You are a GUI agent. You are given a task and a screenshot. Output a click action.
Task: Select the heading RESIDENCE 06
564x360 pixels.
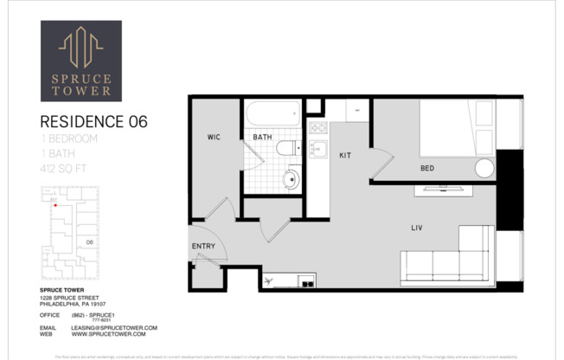(x=94, y=122)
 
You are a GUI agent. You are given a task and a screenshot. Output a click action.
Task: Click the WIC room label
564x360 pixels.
(x=214, y=138)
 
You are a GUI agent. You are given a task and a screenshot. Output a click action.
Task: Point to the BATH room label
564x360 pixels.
(x=262, y=138)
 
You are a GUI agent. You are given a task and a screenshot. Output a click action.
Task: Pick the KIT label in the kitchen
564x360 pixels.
(x=344, y=155)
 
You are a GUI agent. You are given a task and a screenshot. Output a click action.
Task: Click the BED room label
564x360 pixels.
(x=427, y=168)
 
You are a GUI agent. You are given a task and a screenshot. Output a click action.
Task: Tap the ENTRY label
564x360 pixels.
(x=202, y=247)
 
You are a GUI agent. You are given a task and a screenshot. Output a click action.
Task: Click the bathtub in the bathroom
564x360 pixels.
(x=272, y=114)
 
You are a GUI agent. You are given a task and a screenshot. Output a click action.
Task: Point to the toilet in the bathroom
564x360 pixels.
(x=286, y=148)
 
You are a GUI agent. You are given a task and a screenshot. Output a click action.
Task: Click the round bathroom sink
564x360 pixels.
(x=291, y=180)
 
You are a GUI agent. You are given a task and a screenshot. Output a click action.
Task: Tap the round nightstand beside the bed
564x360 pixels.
(x=484, y=168)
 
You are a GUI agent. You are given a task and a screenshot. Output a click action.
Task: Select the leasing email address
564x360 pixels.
(x=113, y=328)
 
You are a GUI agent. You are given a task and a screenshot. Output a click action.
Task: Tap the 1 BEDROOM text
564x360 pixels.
(x=69, y=138)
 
